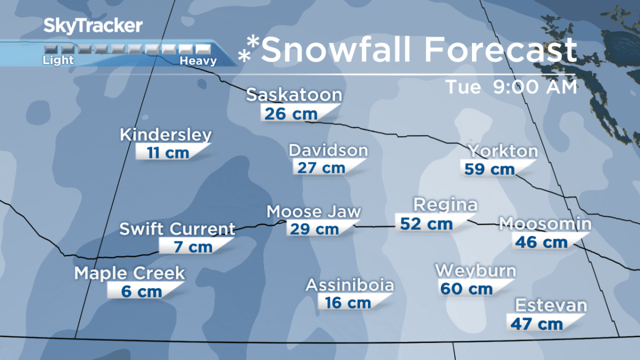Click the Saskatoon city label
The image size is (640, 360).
(x=294, y=95)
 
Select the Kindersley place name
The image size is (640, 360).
(x=166, y=135)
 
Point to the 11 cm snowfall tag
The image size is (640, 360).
(x=168, y=153)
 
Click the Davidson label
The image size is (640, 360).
(x=328, y=150)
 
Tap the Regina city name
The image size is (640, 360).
(x=445, y=205)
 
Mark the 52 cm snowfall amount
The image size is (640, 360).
(x=427, y=223)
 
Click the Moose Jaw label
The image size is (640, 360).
(x=314, y=212)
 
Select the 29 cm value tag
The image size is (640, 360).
(x=313, y=229)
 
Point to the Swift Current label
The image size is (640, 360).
(x=177, y=229)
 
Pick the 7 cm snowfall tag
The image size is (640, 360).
(x=193, y=247)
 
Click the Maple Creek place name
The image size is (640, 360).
(x=130, y=274)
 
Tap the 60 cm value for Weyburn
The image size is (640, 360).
(x=466, y=289)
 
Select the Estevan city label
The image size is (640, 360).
(x=551, y=306)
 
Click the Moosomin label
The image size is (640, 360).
(x=545, y=224)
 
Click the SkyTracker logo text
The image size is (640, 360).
(x=93, y=25)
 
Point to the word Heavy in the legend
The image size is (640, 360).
(x=198, y=61)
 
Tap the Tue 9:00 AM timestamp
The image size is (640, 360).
(x=511, y=87)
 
